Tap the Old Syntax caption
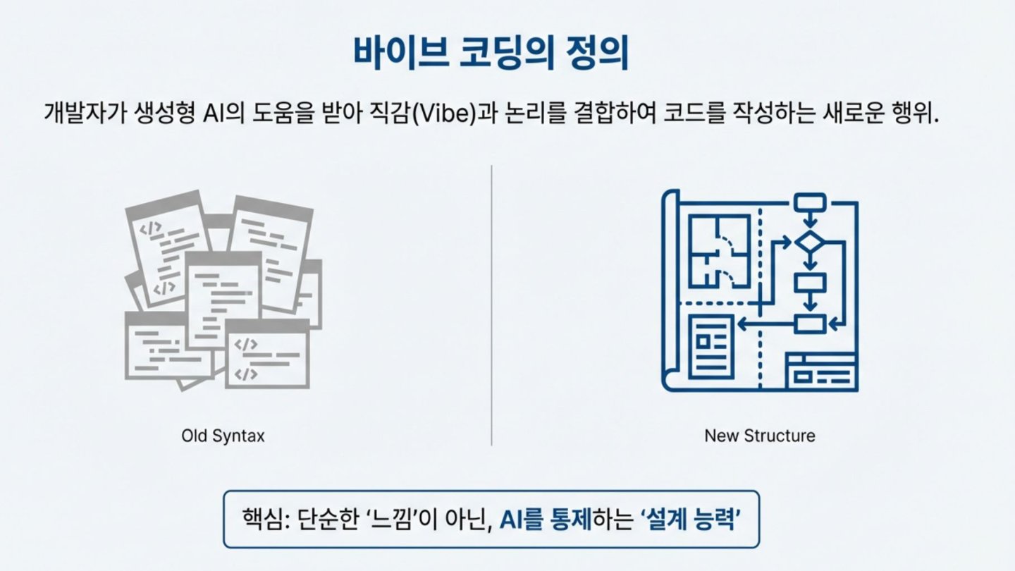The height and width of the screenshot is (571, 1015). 223,436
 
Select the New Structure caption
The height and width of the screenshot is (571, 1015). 760,436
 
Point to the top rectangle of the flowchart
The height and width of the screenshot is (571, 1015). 810,203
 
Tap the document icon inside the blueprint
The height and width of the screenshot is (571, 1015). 711,347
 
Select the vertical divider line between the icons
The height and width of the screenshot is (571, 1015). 492,305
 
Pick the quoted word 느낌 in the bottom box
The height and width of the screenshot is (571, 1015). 390,520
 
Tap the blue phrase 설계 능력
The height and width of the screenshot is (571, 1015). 691,520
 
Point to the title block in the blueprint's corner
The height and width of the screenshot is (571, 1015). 822,372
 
